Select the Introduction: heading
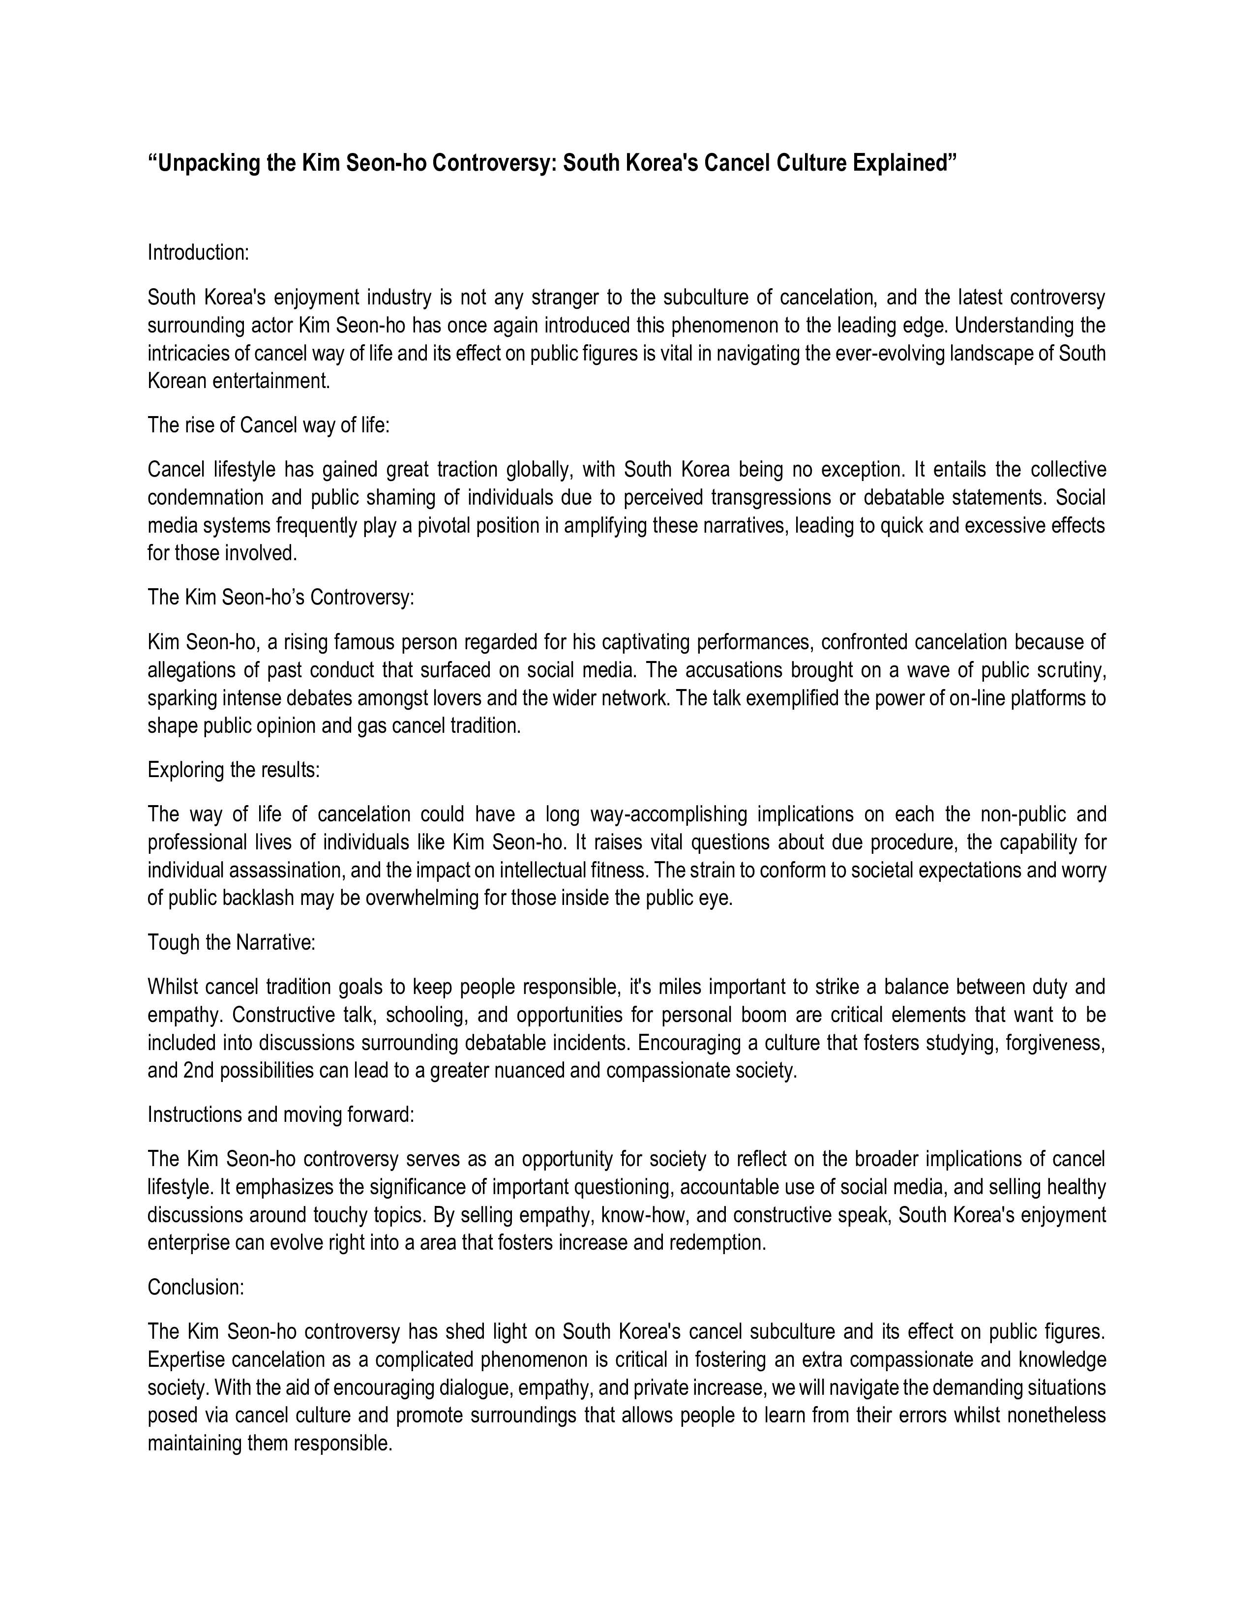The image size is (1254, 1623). [198, 253]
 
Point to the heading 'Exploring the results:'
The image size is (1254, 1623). [233, 770]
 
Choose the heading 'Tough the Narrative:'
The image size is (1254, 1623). [232, 942]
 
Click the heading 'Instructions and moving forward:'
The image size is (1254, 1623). [281, 1114]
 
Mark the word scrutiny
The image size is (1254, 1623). [1071, 670]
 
